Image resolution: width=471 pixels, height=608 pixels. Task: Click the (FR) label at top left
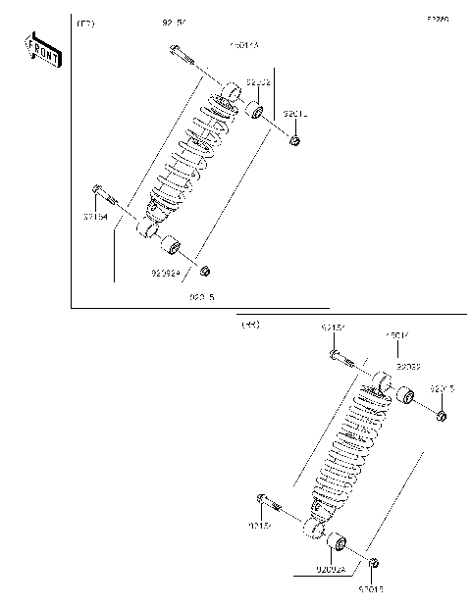point(85,23)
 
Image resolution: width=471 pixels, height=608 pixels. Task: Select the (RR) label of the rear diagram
point(249,325)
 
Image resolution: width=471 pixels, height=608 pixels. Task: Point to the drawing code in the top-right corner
point(437,19)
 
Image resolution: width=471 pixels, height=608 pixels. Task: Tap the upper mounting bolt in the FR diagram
point(181,52)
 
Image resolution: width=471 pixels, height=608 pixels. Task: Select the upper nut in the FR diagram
point(293,142)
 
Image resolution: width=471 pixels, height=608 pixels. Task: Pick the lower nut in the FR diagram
point(205,271)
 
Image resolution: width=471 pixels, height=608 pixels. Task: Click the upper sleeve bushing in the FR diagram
point(253,109)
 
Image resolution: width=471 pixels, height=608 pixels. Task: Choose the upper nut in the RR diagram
point(441,416)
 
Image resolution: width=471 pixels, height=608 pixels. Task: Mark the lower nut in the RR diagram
point(375,563)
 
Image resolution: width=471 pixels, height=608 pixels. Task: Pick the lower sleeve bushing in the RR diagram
point(337,541)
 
